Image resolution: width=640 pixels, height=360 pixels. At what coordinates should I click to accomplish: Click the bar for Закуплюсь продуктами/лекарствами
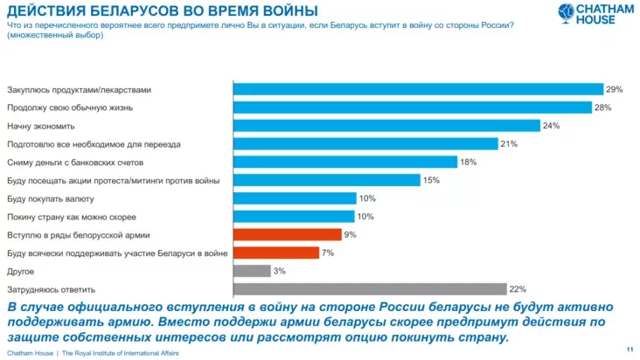tap(418, 89)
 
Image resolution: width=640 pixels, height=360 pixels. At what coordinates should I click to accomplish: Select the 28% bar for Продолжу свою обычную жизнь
tap(413, 107)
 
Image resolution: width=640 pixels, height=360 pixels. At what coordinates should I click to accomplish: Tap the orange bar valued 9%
tap(287, 235)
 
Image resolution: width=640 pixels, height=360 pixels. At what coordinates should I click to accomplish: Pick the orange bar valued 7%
tap(275, 253)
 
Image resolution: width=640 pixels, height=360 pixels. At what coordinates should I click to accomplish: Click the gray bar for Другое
tap(251, 271)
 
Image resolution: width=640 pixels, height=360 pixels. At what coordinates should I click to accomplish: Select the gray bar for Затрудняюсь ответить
tap(370, 289)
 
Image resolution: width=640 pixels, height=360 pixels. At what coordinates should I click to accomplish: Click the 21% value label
tap(509, 144)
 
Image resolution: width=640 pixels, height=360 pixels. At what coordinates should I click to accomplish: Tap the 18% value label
tap(468, 163)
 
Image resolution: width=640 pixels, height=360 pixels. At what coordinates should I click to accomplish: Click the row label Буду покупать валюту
tap(44, 198)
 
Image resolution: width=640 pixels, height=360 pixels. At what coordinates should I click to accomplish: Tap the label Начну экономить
tap(35, 126)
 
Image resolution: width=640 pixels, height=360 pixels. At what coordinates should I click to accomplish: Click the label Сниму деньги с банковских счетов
tap(68, 163)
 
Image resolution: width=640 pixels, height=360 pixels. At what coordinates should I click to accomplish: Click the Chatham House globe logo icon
tap(568, 14)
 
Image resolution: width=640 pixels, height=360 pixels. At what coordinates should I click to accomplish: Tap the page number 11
tap(630, 350)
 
